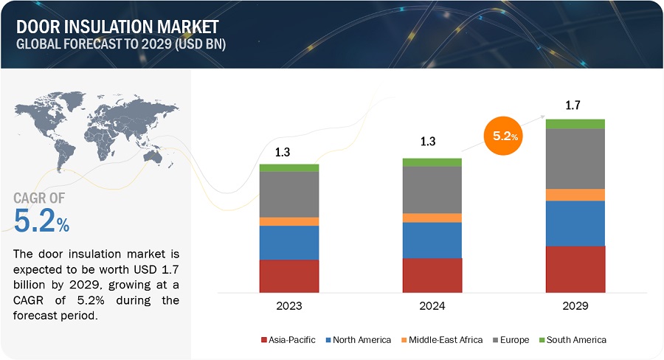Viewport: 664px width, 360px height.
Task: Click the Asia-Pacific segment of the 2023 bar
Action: point(289,275)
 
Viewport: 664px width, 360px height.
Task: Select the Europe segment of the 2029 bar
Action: point(575,159)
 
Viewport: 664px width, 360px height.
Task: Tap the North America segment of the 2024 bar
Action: point(432,240)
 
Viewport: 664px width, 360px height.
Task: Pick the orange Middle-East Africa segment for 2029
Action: point(575,195)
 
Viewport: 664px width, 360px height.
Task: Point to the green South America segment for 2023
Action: point(289,168)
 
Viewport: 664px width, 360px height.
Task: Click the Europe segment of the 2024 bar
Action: point(432,190)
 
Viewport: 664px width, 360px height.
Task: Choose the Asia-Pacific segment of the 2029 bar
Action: point(575,269)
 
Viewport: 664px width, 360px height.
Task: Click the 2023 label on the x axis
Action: point(289,305)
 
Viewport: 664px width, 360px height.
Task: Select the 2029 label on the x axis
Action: point(575,305)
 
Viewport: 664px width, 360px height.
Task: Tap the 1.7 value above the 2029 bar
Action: point(573,105)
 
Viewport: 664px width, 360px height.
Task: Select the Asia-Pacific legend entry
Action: point(288,340)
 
